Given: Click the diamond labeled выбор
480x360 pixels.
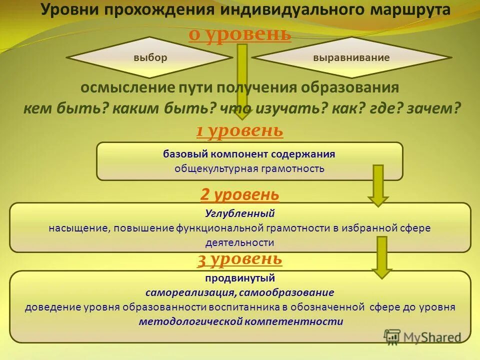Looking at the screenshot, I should pos(150,57).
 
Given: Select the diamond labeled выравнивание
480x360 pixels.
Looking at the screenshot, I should pos(351,57).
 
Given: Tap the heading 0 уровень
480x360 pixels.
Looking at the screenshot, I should pos(240,34).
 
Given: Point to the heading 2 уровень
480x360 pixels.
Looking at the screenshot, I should pos(239,194).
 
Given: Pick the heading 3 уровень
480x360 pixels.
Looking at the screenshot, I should pos(239,259).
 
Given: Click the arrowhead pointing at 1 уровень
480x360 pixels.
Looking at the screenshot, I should pos(242,112).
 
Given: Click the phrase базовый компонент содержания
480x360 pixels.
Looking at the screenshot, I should pos(249,154).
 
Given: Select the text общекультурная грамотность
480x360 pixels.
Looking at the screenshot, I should pos(249,168).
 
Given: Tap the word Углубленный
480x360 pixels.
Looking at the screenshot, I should pos(239,213).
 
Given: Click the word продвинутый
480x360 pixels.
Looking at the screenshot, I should pos(239,278).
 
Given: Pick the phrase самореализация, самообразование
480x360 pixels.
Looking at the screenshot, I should pos(239,292).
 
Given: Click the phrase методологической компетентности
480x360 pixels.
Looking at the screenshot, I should pos(241,321).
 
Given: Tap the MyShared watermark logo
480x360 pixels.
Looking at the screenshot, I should pos(422,337).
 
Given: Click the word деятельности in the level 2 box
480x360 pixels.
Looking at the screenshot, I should pos(239,242).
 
